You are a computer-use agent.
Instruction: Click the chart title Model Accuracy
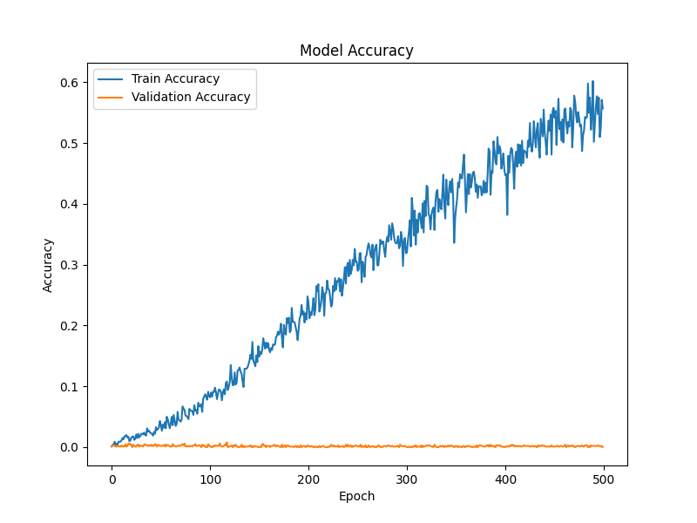coord(356,51)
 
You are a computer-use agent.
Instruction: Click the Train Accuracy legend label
coord(176,78)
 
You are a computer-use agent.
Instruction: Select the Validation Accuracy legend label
coord(191,97)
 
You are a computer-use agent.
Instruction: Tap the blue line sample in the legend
coord(111,79)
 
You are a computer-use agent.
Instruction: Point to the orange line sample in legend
coord(111,98)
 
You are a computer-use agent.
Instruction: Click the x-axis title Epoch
coord(356,496)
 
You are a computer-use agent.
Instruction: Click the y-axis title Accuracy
coord(48,266)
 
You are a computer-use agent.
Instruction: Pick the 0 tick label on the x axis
coord(112,480)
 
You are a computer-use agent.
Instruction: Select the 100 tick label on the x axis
coord(210,480)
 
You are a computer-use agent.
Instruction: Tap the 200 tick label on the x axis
coord(308,480)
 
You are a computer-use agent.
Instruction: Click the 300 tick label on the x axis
coord(407,480)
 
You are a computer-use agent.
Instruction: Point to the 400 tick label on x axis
coord(505,480)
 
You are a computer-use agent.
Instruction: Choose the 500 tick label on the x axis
coord(604,480)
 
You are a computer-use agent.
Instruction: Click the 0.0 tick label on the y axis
coord(69,447)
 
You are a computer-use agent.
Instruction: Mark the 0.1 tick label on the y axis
coord(69,387)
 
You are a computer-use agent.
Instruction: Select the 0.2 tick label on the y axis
coord(69,326)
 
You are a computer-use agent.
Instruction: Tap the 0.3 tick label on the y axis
coord(69,265)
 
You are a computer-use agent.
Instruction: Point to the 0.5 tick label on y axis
coord(69,144)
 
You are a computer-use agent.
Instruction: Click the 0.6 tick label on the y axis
coord(69,83)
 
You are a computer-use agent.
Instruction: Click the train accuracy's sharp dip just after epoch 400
coord(507,214)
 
